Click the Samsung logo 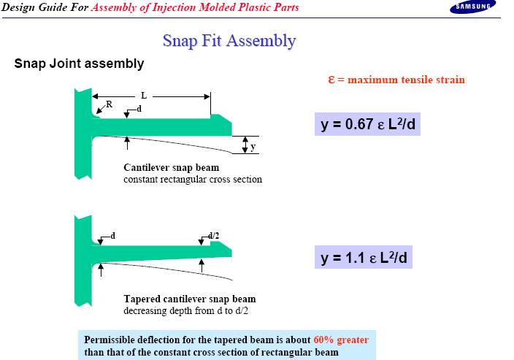point(472,7)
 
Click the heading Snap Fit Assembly point(229,41)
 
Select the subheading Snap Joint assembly point(79,64)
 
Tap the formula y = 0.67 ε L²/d point(367,124)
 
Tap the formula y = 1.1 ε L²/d point(364,257)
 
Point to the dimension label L point(144,96)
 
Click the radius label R point(110,104)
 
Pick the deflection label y point(253,147)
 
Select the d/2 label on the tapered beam point(214,236)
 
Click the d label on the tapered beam point(112,236)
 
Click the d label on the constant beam point(139,109)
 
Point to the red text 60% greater point(341,340)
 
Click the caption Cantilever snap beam point(172,167)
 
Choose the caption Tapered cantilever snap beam point(190,299)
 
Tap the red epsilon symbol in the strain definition point(331,80)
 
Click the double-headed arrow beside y point(245,145)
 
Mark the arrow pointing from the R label point(101,108)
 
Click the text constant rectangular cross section point(193,180)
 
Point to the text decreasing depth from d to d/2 point(186,310)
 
